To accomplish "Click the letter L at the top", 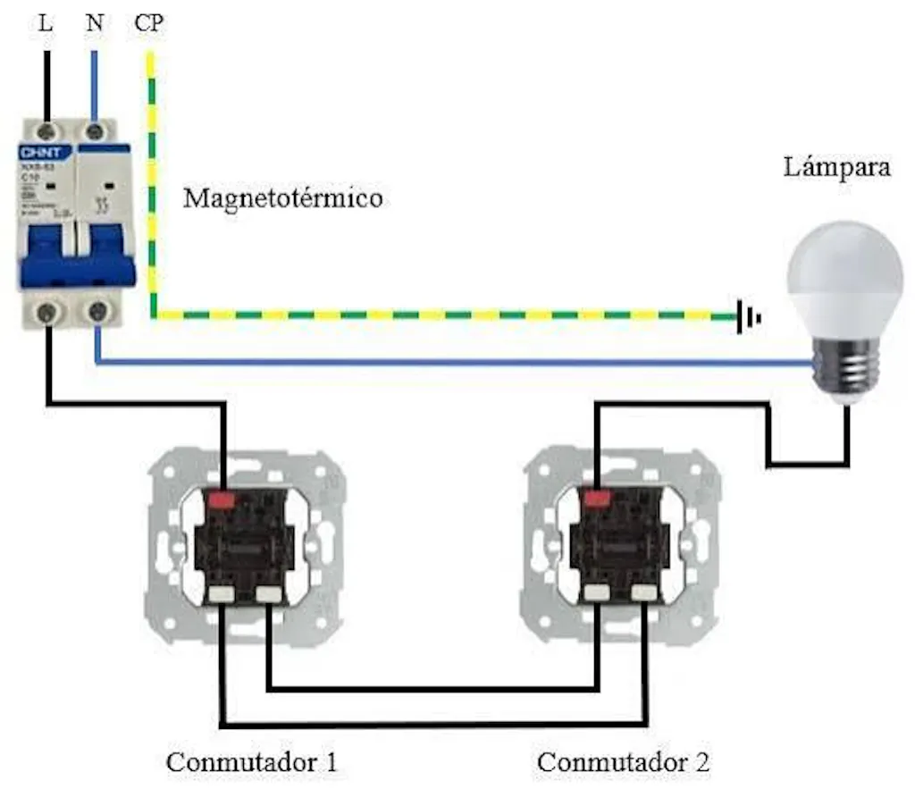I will coord(46,23).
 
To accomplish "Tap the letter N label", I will coord(95,23).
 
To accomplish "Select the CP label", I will coord(149,23).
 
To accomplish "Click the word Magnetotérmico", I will coord(282,197).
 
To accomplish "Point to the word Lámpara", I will coord(837,167).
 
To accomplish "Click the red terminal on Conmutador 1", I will coord(221,497).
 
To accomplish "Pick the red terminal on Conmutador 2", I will coord(594,497).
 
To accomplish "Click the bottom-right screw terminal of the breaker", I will coord(97,312).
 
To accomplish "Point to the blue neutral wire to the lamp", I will coord(447,363).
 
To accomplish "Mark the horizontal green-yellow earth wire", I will coord(447,315).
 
